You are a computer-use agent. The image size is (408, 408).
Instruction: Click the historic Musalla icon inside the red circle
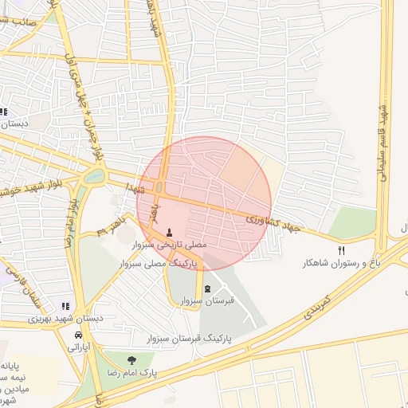[168, 233]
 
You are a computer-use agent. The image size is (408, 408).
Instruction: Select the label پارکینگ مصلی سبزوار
[166, 262]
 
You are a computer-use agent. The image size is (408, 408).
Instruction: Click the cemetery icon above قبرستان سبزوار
[207, 288]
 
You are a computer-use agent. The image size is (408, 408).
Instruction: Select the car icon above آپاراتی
[78, 335]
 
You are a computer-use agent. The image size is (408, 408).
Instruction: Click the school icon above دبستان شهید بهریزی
[65, 305]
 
